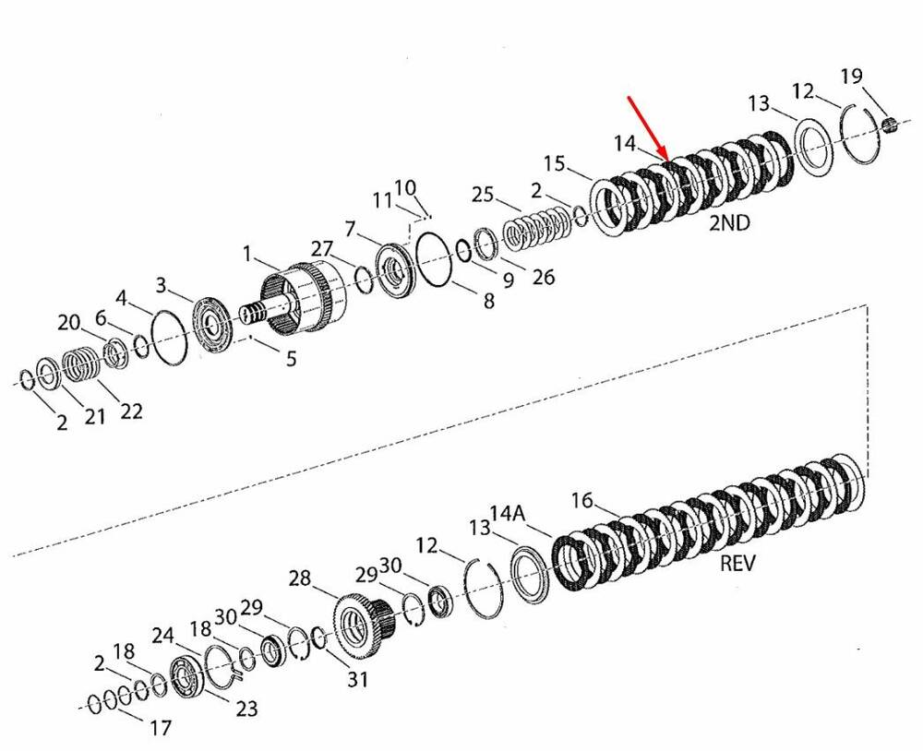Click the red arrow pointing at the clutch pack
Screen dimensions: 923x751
click(649, 127)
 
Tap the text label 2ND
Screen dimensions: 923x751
click(729, 223)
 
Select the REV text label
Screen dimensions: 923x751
click(737, 563)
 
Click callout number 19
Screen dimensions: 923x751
click(851, 76)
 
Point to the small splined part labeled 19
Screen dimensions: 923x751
click(890, 124)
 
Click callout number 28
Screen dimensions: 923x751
click(299, 578)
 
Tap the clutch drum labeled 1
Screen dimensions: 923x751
click(305, 298)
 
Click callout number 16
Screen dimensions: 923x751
click(581, 500)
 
